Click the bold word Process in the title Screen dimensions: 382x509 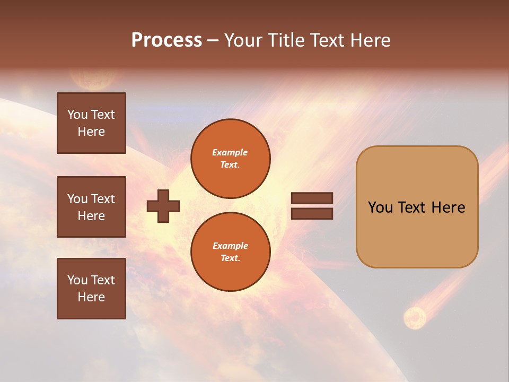pos(166,40)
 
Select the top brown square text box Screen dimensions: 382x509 pos(91,123)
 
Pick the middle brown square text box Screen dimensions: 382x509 pos(91,207)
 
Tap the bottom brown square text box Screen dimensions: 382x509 pos(91,288)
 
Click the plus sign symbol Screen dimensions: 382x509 pos(163,206)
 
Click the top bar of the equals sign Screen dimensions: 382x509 pos(312,198)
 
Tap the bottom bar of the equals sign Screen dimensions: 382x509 pos(312,213)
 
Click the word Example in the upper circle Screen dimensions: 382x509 pos(230,152)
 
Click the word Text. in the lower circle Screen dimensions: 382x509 pos(230,258)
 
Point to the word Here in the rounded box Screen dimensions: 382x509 pos(448,207)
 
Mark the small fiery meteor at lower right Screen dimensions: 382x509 pos(414,318)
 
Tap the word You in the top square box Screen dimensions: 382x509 pos(77,115)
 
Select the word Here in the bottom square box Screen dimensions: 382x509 pos(91,297)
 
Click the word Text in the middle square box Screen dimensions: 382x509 pos(103,199)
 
